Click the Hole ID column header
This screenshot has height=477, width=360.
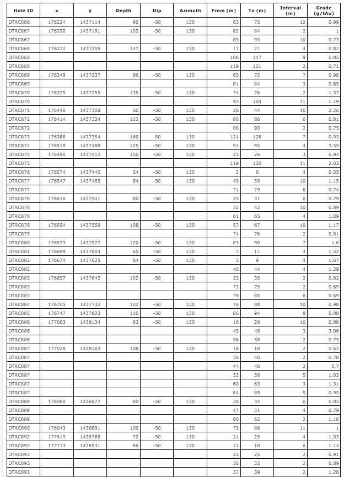coord(20,10)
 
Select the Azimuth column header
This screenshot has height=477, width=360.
coord(190,10)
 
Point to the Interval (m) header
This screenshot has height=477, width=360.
coord(290,10)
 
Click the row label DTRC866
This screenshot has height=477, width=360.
coord(19,22)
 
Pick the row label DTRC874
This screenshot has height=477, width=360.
coord(19,146)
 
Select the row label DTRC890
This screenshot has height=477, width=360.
coord(19,428)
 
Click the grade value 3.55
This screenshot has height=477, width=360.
coord(332,146)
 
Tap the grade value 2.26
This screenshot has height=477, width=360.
coord(332,110)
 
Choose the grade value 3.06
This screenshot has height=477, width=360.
coord(332,331)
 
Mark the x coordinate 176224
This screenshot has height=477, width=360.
coord(57,22)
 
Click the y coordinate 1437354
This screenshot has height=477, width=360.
coord(90,137)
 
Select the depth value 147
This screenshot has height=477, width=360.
coord(133,49)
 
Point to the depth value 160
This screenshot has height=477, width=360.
coord(133,137)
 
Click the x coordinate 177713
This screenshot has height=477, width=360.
coord(57,446)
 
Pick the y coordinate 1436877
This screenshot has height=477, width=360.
coord(90,401)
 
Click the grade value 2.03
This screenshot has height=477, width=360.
coord(332,163)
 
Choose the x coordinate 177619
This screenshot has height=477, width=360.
coord(57,437)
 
